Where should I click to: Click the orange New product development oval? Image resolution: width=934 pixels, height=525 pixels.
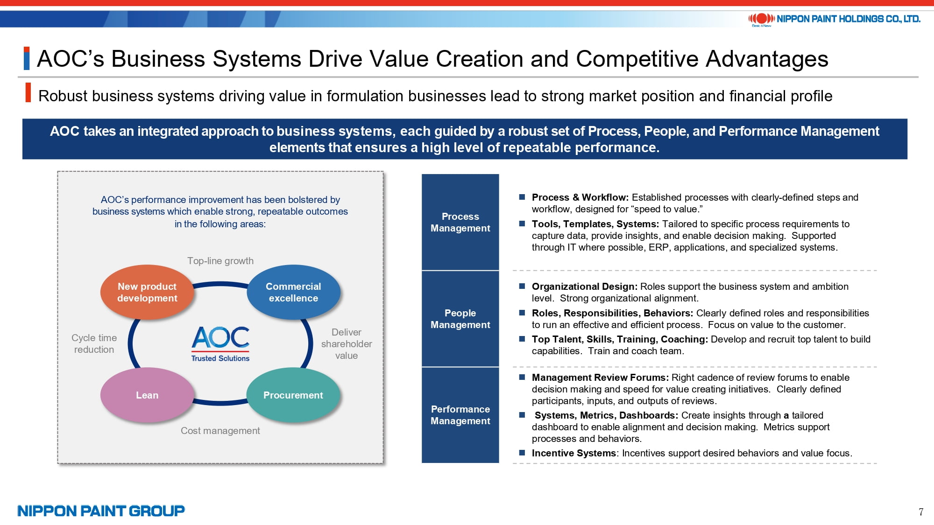point(147,292)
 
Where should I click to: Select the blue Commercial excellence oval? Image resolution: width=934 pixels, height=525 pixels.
point(293,292)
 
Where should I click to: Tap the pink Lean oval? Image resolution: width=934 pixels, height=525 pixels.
point(147,395)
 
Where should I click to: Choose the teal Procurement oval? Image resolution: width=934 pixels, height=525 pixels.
point(293,395)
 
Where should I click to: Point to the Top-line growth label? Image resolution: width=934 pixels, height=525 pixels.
point(220,261)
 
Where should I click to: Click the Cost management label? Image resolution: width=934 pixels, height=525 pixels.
point(220,431)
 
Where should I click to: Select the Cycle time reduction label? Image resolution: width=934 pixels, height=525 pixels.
point(94,343)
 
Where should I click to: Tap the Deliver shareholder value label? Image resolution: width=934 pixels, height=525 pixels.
point(347,344)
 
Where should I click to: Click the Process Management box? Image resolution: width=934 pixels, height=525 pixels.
point(460,222)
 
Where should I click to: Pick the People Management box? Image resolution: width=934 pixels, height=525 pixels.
point(460,319)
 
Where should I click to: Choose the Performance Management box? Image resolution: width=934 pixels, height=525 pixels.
point(460,415)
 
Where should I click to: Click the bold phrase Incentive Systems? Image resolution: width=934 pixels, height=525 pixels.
point(573,453)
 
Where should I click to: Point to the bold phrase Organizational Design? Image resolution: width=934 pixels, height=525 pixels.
point(584,287)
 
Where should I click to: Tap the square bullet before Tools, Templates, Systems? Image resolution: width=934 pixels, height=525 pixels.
point(522,224)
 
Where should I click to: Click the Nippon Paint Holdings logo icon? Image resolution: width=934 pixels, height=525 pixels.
point(762,19)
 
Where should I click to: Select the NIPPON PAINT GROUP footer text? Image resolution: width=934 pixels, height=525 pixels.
point(101,511)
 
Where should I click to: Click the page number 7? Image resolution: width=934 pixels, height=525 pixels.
point(921,512)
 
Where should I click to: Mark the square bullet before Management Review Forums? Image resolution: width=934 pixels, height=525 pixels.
point(522,378)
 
